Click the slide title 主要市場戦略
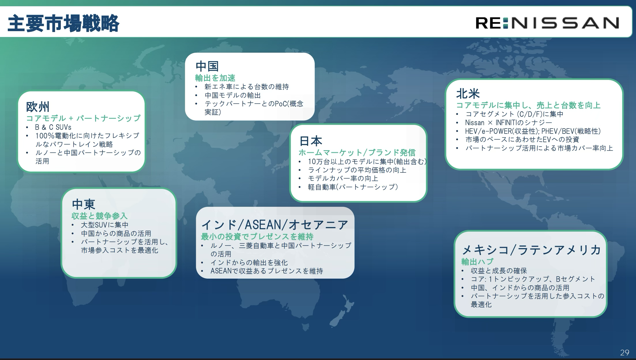point(63,23)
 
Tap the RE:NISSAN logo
point(547,23)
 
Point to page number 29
point(624,352)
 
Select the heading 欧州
point(38,107)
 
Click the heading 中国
point(207,66)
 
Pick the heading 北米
point(468,93)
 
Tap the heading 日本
point(311,141)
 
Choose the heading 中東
point(84,205)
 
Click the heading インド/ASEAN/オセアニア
point(275,225)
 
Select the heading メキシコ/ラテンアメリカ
point(531,250)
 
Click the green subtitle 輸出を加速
point(215,78)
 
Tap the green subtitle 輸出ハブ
point(477,262)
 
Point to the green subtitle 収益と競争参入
point(99,216)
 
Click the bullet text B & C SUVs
point(53,127)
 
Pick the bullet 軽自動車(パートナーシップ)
point(353,187)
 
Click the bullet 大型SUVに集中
point(105,225)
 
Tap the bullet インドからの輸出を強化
point(249,262)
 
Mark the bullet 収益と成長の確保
point(499,271)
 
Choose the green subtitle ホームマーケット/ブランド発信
point(357,153)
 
